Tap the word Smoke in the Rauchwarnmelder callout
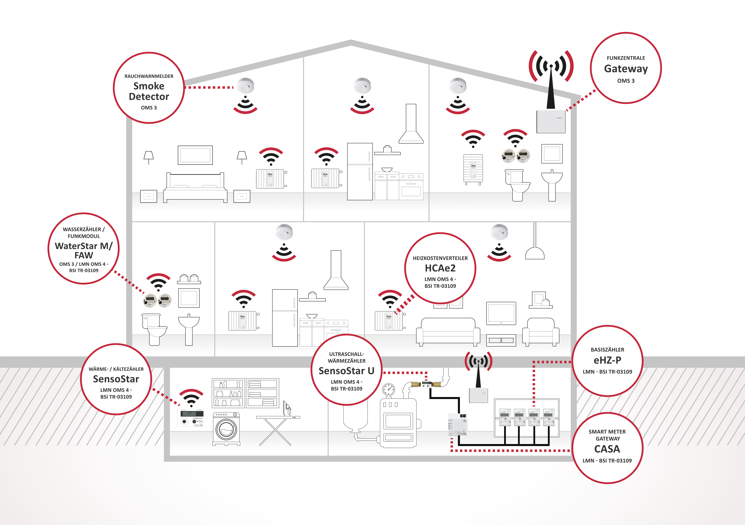click(x=149, y=86)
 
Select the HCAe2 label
click(x=440, y=268)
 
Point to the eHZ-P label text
click(x=607, y=360)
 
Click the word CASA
click(x=607, y=449)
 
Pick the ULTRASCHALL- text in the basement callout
click(x=347, y=354)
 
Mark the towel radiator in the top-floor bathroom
click(x=473, y=169)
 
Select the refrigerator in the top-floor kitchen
click(x=360, y=172)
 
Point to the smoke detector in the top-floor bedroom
click(x=245, y=86)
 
